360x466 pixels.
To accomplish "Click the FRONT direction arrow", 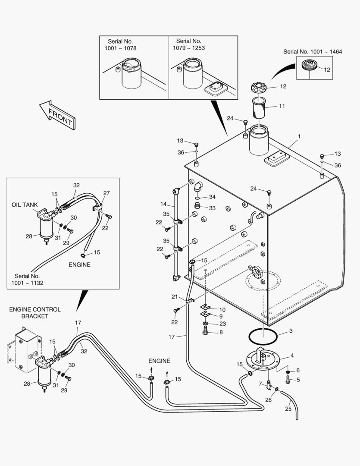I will point(57,115).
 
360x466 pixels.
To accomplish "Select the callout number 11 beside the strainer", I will point(282,106).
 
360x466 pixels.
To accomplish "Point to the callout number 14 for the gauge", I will point(163,204).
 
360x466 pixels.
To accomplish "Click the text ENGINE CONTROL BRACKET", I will point(35,313).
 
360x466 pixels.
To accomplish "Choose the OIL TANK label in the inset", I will point(25,205).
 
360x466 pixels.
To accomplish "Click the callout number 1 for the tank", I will point(299,136).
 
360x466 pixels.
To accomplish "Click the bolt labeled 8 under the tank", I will point(206,331).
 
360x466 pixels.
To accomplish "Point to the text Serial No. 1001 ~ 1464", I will point(313,51).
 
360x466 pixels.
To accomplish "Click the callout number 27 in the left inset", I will point(106,193).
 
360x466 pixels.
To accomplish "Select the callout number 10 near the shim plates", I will point(222,309).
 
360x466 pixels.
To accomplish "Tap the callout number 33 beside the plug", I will point(212,208).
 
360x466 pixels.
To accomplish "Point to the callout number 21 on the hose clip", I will point(175,297).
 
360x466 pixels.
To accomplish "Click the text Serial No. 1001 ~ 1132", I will point(28,279).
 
